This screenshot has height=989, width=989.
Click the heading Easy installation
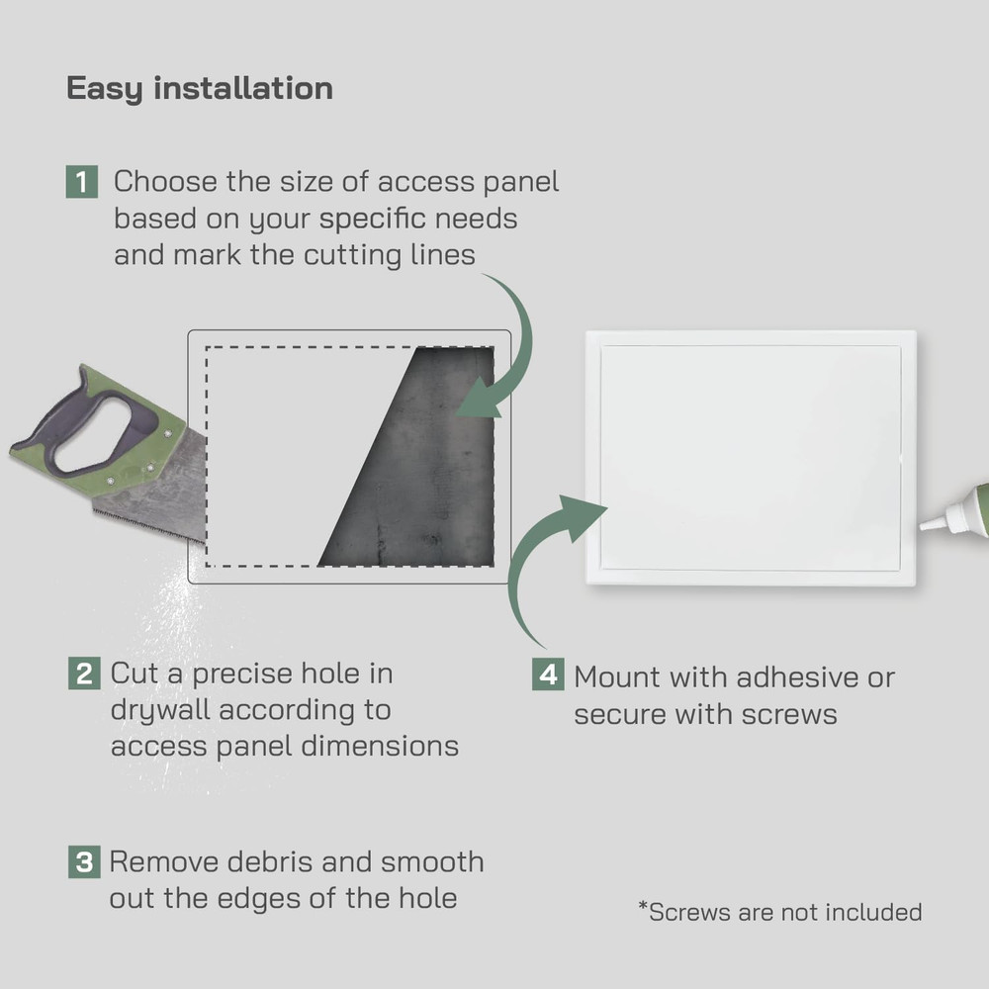pyautogui.click(x=199, y=88)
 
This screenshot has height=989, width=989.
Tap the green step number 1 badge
pyautogui.click(x=82, y=183)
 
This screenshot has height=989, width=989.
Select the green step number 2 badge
pyautogui.click(x=83, y=674)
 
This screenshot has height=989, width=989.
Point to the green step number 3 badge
pyautogui.click(x=83, y=861)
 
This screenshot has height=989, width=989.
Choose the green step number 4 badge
pyautogui.click(x=548, y=676)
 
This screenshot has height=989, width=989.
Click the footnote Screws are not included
pyautogui.click(x=780, y=912)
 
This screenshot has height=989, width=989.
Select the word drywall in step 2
pyautogui.click(x=160, y=710)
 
